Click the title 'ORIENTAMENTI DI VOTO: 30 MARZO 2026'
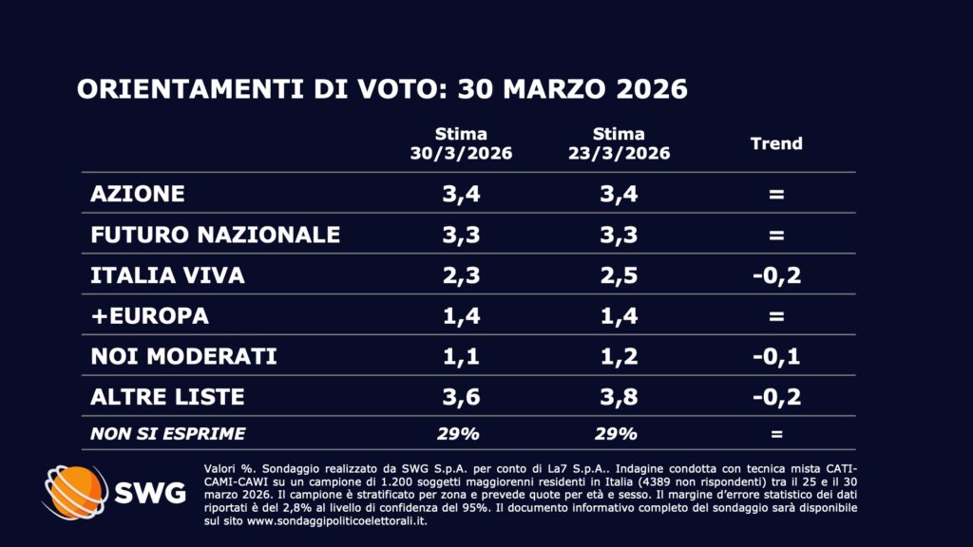click(x=381, y=89)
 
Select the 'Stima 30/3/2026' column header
click(x=461, y=143)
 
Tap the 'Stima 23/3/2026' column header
click(x=618, y=143)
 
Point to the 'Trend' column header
click(x=776, y=143)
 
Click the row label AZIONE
click(x=138, y=194)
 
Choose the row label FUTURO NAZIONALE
click(x=215, y=235)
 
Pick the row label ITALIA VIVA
click(x=167, y=275)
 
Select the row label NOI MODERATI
click(x=183, y=357)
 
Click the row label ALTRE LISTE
click(x=167, y=397)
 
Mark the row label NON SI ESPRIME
click(x=167, y=434)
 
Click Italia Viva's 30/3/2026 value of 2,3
click(x=461, y=275)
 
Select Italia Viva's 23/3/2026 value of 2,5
click(x=618, y=275)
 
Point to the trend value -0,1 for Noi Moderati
click(x=776, y=357)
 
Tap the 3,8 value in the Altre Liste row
click(x=618, y=397)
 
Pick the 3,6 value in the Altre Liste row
click(x=461, y=397)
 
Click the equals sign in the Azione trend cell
click(x=776, y=194)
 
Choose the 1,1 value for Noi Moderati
click(x=461, y=357)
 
